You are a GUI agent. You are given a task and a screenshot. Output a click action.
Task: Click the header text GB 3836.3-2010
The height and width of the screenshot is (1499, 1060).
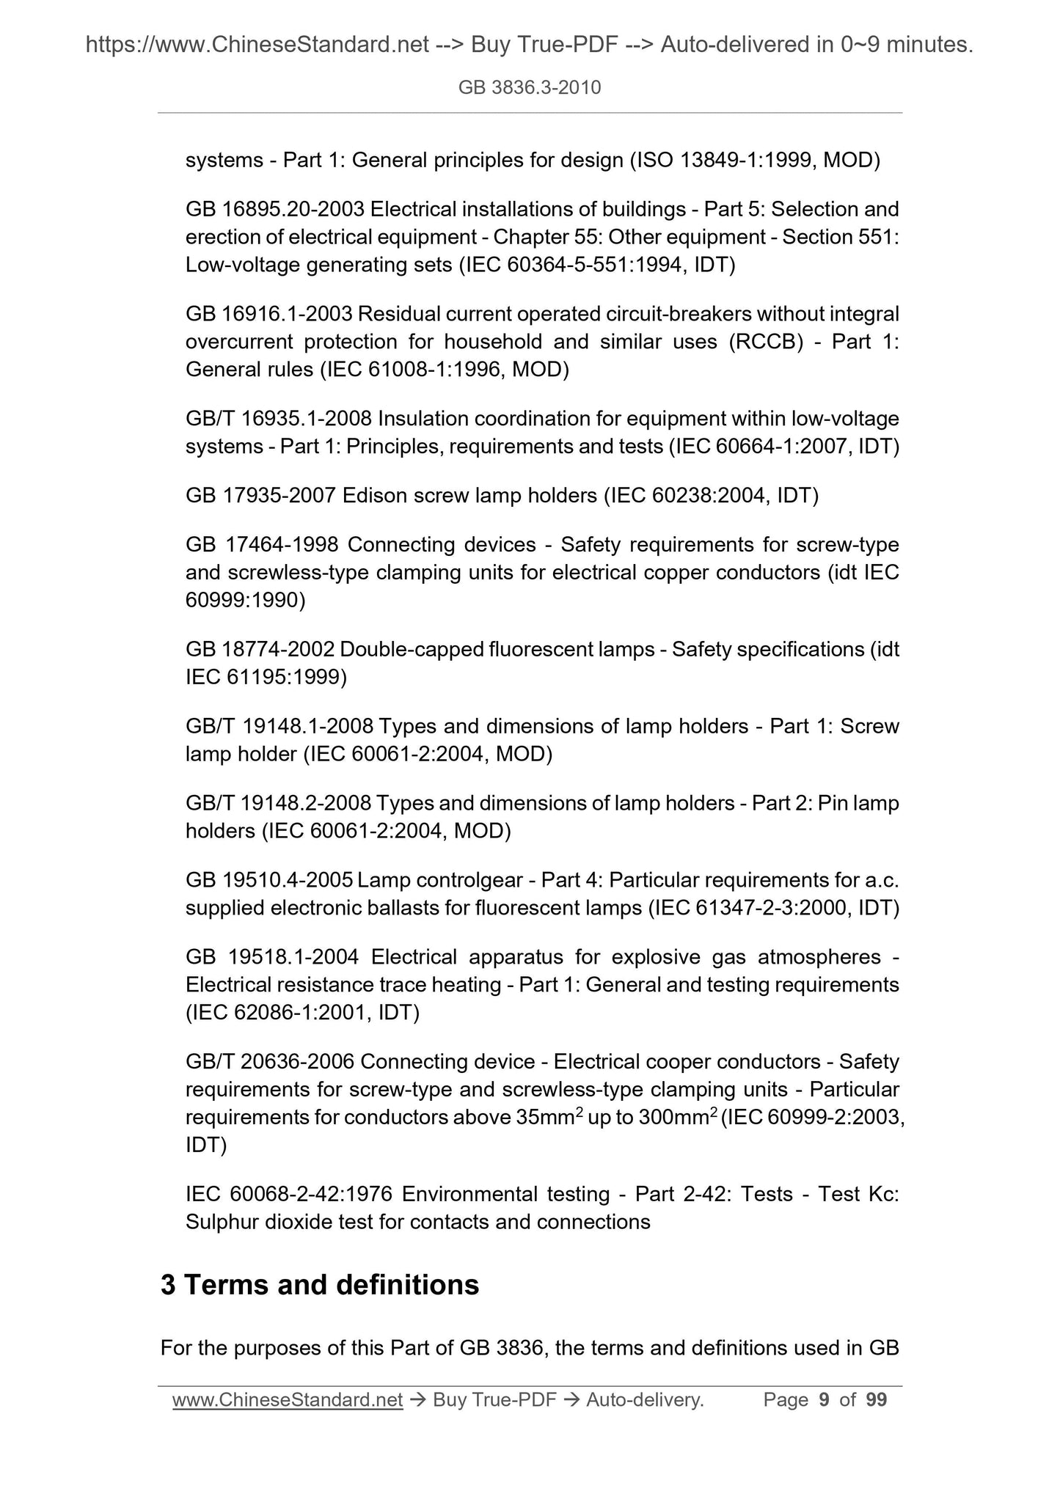point(529,88)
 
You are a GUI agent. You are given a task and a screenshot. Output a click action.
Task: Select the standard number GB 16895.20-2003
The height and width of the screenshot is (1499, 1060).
point(274,210)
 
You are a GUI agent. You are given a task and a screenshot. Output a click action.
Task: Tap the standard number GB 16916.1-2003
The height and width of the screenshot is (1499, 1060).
point(269,315)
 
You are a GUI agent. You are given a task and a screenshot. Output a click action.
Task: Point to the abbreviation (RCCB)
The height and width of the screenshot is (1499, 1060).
point(766,342)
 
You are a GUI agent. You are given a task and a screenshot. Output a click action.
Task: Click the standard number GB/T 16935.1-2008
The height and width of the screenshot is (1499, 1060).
point(280,419)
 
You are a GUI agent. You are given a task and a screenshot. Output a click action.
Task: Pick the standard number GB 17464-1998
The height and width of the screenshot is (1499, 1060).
point(262,545)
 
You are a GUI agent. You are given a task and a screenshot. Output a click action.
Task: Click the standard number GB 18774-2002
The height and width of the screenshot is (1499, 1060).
point(260,650)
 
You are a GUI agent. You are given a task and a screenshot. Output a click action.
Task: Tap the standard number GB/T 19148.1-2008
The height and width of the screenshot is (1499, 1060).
point(280,727)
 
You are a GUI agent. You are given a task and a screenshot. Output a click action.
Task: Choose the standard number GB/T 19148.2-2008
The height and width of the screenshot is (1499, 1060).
point(280,804)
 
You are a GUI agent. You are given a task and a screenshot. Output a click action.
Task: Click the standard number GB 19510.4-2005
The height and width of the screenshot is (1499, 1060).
point(269,880)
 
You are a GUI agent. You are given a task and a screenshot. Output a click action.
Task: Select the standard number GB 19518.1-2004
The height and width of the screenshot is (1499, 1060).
point(272,957)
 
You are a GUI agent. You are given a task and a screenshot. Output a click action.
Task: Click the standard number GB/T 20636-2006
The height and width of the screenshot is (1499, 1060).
point(270,1062)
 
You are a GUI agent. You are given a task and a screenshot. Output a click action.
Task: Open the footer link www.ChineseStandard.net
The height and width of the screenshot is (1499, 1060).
point(288,1400)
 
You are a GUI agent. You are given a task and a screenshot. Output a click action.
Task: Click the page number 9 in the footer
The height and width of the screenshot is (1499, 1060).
point(824,1400)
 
